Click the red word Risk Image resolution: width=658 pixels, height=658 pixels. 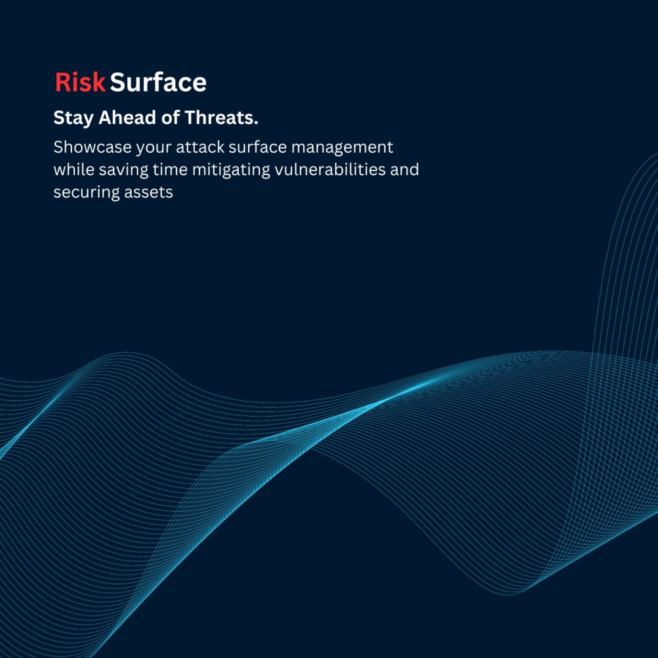tap(80, 82)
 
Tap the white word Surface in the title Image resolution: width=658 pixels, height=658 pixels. tap(158, 82)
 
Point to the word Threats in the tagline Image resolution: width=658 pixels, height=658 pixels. tap(219, 117)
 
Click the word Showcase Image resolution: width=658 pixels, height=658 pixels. tap(93, 148)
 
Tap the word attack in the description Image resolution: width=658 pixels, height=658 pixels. tap(200, 148)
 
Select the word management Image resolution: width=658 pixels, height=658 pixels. tap(342, 148)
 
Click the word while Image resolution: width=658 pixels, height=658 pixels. tap(74, 169)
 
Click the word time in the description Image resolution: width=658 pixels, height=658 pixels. tap(170, 169)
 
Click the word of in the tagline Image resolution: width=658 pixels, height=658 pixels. tap(171, 117)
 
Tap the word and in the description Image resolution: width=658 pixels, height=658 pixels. tap(405, 169)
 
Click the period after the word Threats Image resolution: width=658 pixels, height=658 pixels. tap(256, 123)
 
